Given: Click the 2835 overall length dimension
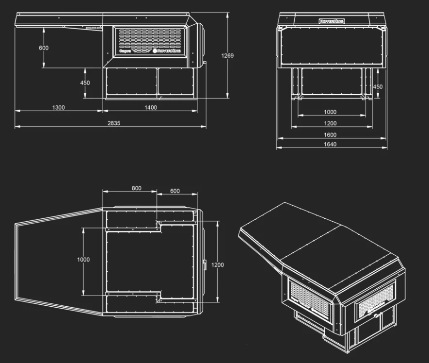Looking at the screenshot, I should (x=114, y=123).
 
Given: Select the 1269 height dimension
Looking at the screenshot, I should (x=227, y=56).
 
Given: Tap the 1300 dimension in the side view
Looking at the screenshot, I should (x=59, y=107).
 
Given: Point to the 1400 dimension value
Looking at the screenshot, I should (x=151, y=107).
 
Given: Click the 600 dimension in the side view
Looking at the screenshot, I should (x=44, y=48).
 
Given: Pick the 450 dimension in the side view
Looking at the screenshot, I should (x=85, y=83).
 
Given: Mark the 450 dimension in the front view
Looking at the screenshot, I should (x=378, y=87).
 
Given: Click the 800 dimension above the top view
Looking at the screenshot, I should (x=137, y=188).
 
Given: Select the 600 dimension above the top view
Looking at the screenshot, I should (x=175, y=191).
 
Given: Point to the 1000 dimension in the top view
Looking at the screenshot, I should (x=83, y=260).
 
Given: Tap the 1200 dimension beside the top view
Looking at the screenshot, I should (x=218, y=265).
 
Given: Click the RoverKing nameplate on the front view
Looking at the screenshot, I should (x=332, y=21).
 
